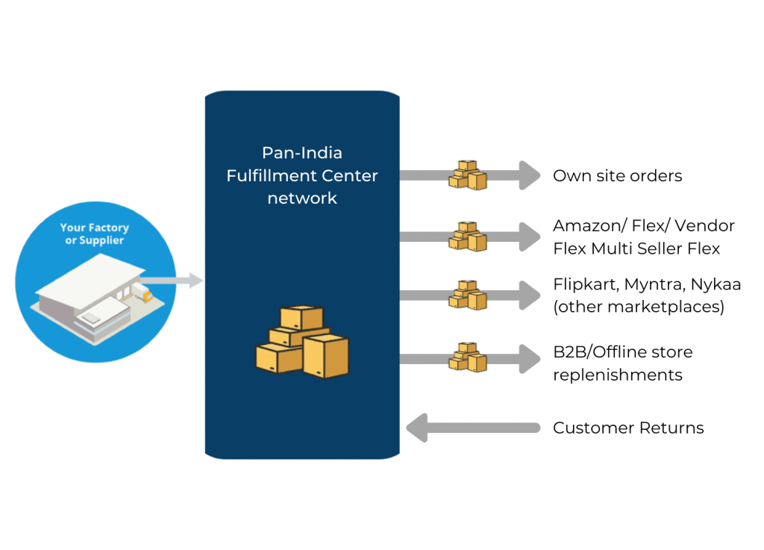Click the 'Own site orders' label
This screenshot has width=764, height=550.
tap(617, 175)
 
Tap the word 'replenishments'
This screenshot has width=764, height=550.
tap(617, 375)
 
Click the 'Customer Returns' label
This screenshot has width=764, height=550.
tap(628, 428)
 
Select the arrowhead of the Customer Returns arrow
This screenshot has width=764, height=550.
tap(417, 428)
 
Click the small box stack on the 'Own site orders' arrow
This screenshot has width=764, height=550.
tap(468, 175)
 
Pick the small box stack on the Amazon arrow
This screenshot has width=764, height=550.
tap(468, 237)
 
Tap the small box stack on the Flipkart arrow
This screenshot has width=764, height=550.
tap(468, 296)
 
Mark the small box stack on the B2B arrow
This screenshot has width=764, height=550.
tap(468, 357)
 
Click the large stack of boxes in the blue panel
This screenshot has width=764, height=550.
tap(302, 342)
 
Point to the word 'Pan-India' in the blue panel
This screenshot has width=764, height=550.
tap(302, 153)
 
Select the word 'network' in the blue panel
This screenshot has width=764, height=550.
tap(302, 199)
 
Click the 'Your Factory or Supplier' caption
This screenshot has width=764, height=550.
tap(95, 234)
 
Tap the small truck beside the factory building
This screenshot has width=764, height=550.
tap(143, 293)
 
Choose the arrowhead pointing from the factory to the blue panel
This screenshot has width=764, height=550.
tap(196, 280)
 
